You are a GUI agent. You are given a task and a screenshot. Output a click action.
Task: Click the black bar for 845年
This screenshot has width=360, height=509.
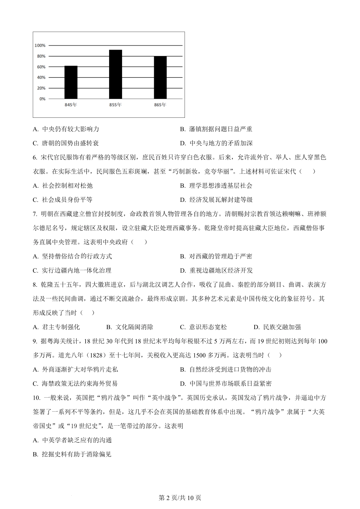point(71,82)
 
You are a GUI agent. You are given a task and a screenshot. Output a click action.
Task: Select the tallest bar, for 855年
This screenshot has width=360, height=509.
point(116,74)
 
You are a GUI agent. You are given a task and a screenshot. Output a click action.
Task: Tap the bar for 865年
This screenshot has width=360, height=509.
point(160,77)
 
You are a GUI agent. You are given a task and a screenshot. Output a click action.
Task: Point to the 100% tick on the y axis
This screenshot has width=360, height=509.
point(40,45)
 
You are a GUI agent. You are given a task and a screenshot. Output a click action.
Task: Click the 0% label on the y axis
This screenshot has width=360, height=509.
point(42,99)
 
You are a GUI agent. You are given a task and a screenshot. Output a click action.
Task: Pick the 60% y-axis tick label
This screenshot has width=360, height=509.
point(41,67)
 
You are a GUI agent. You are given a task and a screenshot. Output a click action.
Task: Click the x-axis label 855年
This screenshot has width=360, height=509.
point(115,105)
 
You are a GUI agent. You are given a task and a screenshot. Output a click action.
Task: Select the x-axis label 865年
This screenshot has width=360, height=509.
point(160,105)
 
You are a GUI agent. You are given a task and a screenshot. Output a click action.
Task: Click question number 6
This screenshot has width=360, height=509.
point(35,158)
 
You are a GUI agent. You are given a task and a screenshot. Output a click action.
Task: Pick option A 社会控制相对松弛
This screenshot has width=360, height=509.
point(63,186)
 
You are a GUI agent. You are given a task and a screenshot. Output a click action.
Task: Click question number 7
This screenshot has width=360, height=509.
point(35,214)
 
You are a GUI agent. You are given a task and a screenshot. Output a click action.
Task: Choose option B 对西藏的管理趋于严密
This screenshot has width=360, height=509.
point(216,256)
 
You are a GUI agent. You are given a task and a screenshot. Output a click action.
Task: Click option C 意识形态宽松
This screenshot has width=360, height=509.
point(203,327)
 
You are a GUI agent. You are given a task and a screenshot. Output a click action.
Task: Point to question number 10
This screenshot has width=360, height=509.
point(36,398)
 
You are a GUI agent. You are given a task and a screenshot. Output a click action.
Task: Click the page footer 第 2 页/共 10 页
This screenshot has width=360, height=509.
point(180,498)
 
